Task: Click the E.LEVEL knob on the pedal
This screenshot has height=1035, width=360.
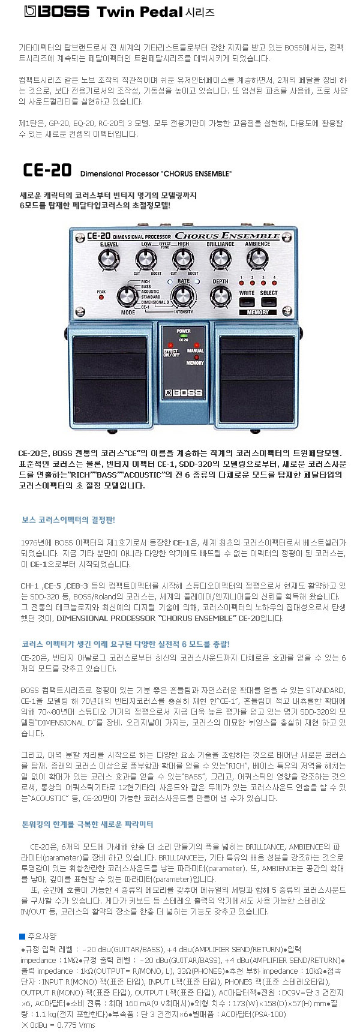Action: click(x=109, y=259)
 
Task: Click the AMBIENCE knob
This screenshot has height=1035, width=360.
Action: click(x=257, y=259)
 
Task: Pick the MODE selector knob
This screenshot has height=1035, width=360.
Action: click(x=127, y=296)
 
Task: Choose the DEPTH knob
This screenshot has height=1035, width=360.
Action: click(x=220, y=296)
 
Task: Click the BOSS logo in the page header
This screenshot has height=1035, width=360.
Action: click(x=58, y=11)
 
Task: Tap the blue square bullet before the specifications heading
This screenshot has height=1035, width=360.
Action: click(x=22, y=935)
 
